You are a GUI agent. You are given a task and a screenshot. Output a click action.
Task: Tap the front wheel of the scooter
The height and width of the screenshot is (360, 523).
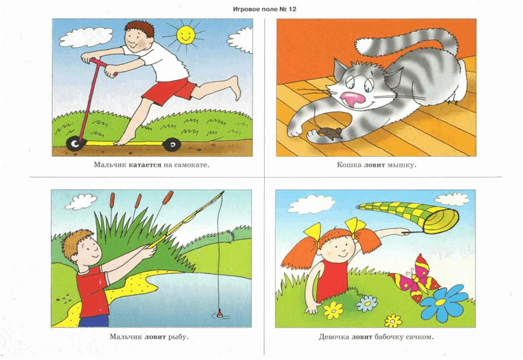coord(76,144)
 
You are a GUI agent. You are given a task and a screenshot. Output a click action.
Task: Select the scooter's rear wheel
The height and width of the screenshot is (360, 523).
coord(172,145)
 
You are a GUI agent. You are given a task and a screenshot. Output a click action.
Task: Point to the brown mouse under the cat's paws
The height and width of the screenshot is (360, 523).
coord(330,133)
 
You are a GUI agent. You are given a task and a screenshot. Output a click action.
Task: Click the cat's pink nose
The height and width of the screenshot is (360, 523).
coord(352,98)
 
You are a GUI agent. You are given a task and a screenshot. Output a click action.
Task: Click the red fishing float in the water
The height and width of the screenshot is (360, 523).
coord(220,314)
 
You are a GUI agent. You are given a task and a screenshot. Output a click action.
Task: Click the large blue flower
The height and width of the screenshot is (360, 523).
coord(442,303)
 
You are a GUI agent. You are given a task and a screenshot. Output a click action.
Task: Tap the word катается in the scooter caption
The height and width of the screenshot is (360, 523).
coord(145,165)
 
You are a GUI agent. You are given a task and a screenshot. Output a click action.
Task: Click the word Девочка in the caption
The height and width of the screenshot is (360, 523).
coord(334,337)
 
